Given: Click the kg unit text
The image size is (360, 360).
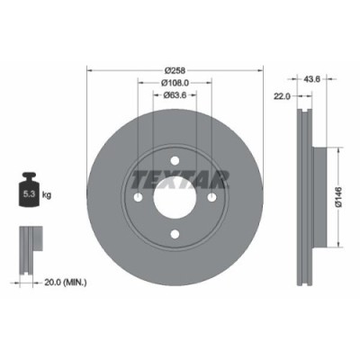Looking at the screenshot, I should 47,194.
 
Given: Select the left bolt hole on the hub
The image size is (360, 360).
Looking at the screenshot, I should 138,199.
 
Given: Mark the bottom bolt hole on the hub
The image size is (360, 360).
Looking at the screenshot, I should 175,237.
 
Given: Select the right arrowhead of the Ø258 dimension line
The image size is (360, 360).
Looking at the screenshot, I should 263,68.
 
